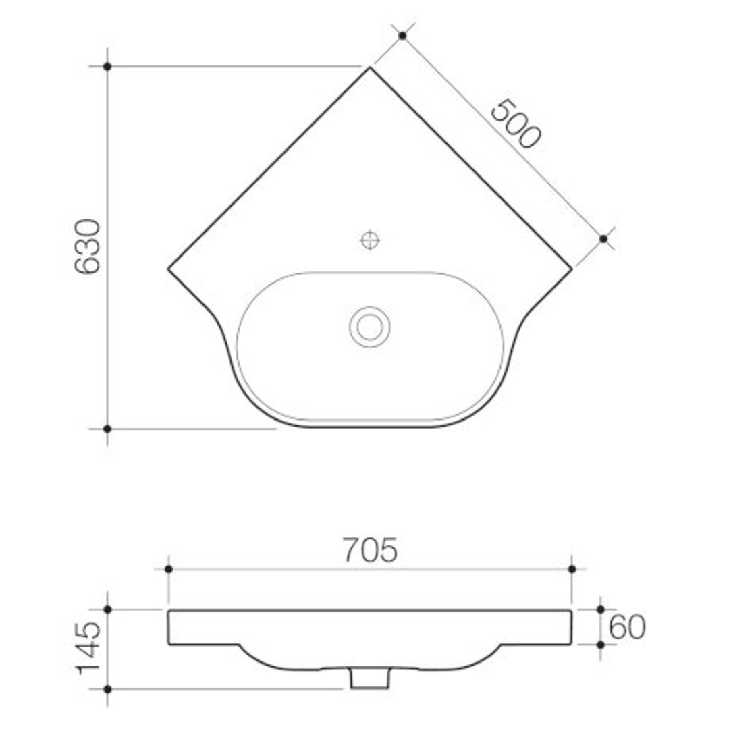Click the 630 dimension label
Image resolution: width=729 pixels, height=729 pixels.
coord(87,247)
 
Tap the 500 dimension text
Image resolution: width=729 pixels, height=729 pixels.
coord(515,124)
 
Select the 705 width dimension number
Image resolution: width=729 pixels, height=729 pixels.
coord(369,550)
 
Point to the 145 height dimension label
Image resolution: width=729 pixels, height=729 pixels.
coord(88,649)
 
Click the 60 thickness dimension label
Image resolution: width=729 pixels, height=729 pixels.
coord(627,628)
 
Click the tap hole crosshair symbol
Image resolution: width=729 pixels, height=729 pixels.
coord(370,240)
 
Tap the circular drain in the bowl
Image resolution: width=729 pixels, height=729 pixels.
coord(369,327)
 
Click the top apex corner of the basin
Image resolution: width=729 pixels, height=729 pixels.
coord(370,67)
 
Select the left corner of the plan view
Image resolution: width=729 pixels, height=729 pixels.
coord(169,269)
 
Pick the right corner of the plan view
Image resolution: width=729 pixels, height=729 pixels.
coord(572,269)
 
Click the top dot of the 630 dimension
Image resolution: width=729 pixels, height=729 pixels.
coord(107,66)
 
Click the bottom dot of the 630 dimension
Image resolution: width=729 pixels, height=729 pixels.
coord(107,429)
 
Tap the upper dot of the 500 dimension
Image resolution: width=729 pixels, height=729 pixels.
coord(402,35)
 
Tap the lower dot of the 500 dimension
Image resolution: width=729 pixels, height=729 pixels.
coord(603,238)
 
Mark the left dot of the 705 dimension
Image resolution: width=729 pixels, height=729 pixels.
coord(169,569)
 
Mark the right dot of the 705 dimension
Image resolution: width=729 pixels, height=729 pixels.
coord(572,569)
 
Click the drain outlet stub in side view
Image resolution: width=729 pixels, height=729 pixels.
coord(370,678)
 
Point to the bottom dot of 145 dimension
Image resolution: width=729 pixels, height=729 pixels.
coord(107,689)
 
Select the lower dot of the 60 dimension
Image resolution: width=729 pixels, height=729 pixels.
coord(601,645)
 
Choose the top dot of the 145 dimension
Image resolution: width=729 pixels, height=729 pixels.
coord(107,610)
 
